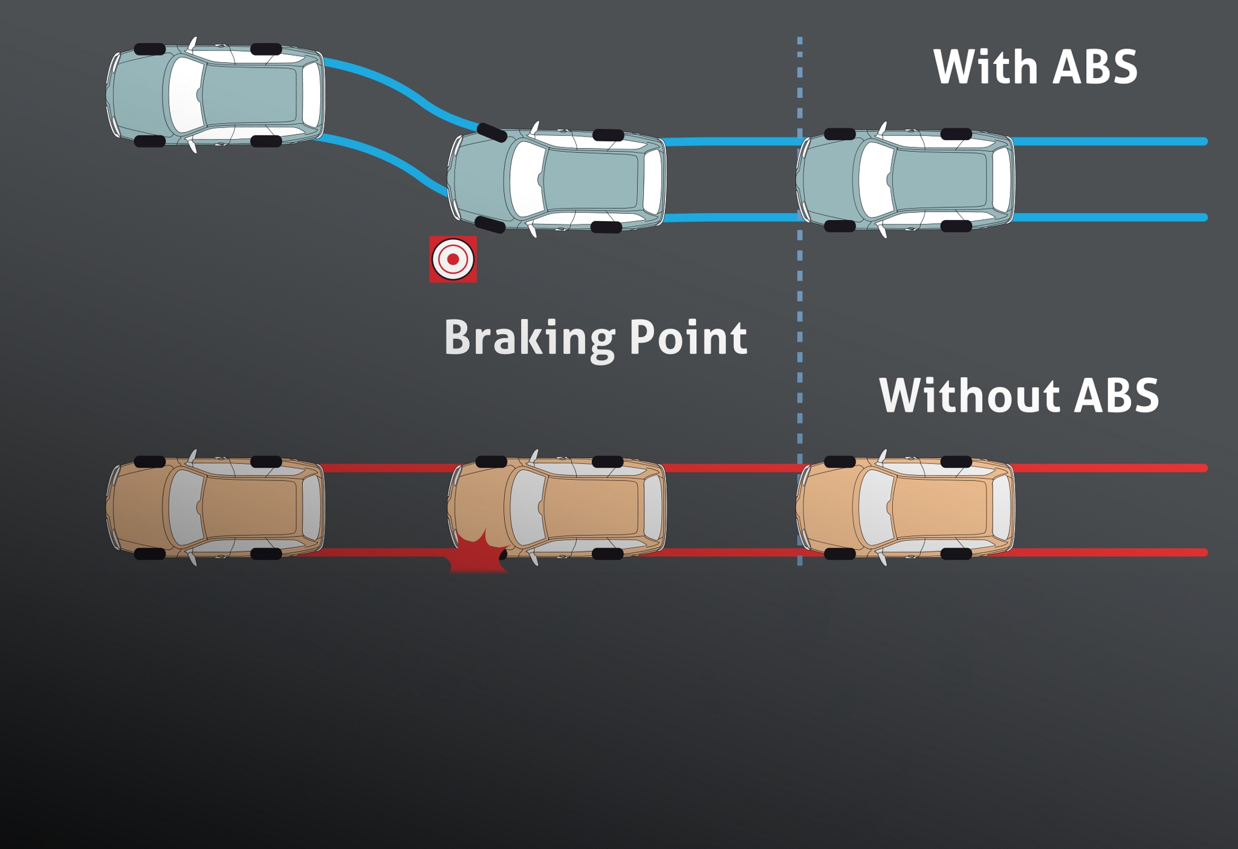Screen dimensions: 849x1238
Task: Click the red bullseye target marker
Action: coord(453,259)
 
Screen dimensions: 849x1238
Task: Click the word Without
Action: coord(968,396)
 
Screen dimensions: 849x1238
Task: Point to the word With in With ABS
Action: coord(985,66)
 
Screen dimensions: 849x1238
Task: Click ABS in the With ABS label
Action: coord(1095,66)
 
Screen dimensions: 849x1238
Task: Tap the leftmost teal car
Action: coord(215,95)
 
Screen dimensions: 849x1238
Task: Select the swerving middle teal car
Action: coord(557,179)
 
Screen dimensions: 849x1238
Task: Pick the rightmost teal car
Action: coord(905,179)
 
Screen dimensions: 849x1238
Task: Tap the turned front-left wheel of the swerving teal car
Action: coord(491,132)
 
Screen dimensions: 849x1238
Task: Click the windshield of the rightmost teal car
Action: coord(873,179)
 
